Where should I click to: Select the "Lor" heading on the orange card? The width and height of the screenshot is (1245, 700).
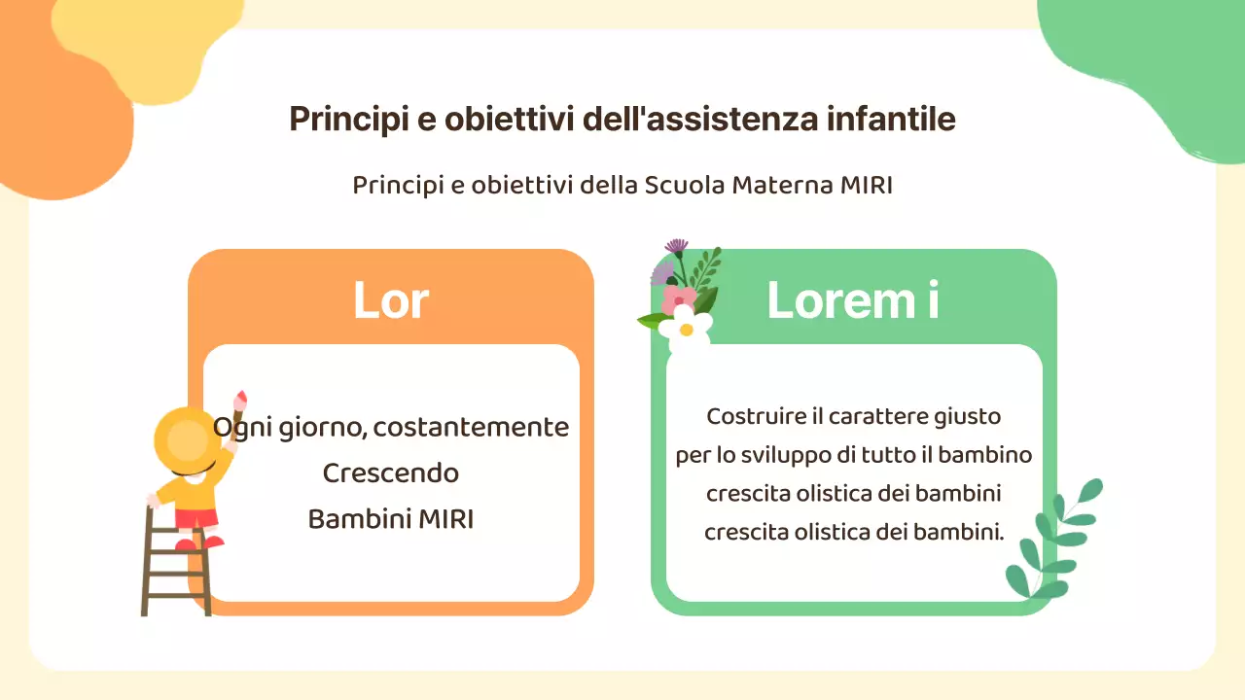(x=390, y=300)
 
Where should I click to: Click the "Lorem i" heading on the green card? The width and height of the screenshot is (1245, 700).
(x=853, y=300)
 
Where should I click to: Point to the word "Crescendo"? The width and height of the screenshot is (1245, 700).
(x=390, y=473)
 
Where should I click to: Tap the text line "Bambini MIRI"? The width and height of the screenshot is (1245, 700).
(x=390, y=519)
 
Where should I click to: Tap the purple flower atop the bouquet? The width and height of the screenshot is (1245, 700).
(x=676, y=246)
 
